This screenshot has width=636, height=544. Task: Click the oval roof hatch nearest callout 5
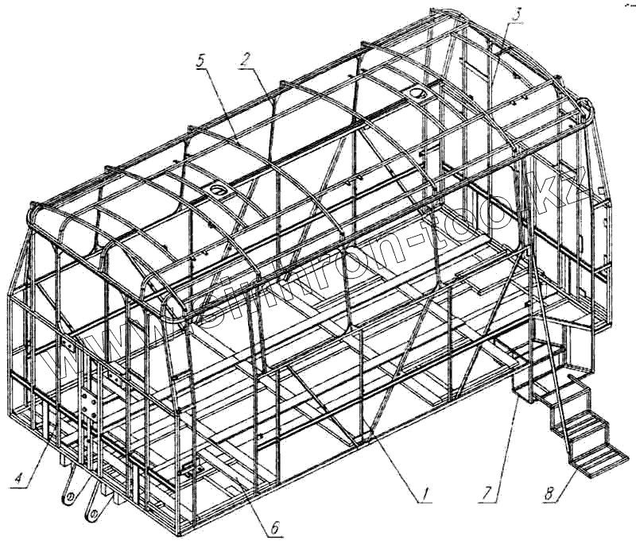[217, 191]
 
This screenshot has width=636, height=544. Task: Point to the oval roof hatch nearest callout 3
[417, 94]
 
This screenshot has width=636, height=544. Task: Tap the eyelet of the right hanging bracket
[94, 515]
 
